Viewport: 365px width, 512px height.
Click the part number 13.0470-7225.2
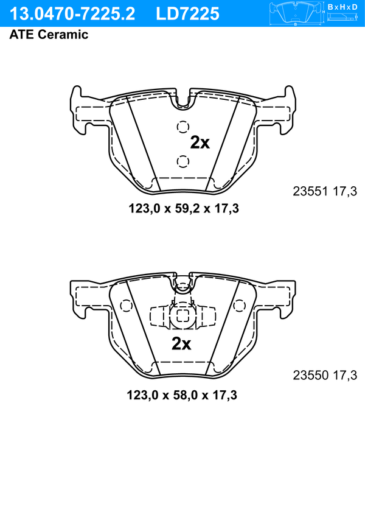(72, 14)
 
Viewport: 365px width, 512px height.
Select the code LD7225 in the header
(187, 14)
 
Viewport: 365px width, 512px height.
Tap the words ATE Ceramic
(49, 35)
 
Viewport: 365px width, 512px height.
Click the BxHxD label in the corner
(342, 7)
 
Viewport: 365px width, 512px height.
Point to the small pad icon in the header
(296, 13)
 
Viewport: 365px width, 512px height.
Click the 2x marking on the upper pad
(200, 142)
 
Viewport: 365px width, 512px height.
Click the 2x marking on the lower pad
(181, 343)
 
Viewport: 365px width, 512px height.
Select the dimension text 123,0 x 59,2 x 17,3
(184, 208)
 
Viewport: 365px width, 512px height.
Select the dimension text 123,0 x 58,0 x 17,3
(182, 395)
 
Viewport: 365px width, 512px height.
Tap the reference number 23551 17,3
(325, 191)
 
